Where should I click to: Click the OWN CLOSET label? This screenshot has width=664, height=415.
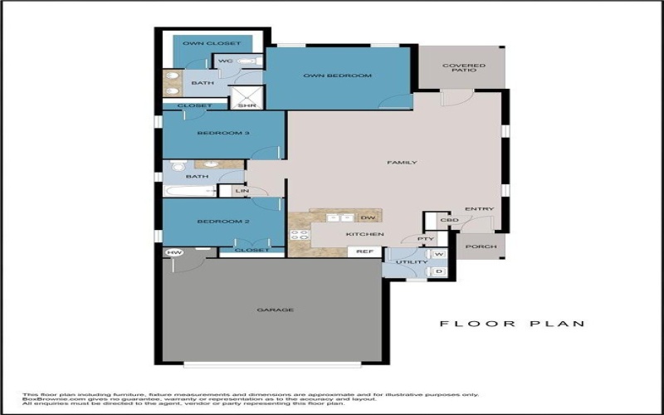(x=212, y=43)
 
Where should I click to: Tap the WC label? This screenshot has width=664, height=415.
(x=225, y=61)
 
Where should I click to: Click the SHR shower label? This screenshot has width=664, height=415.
(x=247, y=106)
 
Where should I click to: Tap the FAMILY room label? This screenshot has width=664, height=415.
(x=402, y=163)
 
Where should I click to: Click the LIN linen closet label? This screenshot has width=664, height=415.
(x=242, y=192)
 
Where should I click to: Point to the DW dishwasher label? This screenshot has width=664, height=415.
(x=368, y=218)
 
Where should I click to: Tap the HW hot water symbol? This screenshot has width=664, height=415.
(x=174, y=252)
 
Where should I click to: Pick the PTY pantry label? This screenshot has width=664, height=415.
(x=425, y=239)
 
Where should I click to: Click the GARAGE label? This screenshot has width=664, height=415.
(x=275, y=310)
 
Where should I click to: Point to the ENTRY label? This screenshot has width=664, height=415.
(x=479, y=208)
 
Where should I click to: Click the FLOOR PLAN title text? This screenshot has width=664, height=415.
(x=512, y=324)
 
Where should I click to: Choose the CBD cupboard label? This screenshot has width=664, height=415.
(x=449, y=220)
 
